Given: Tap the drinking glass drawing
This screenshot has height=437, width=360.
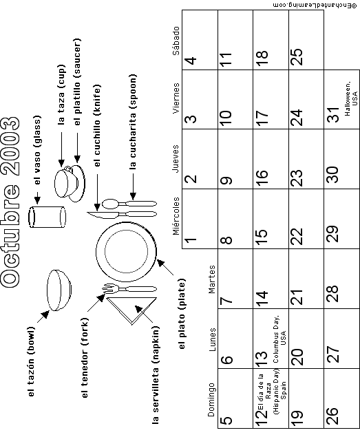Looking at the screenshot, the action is click(47, 217).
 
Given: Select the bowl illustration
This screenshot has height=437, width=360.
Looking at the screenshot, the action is click(59, 290).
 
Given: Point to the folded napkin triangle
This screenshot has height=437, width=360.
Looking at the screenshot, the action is click(131, 310).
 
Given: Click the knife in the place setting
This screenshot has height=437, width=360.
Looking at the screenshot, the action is click(122, 214).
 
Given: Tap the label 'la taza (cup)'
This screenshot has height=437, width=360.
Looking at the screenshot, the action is click(61, 95).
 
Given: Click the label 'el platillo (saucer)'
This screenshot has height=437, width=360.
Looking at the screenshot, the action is click(77, 82).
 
